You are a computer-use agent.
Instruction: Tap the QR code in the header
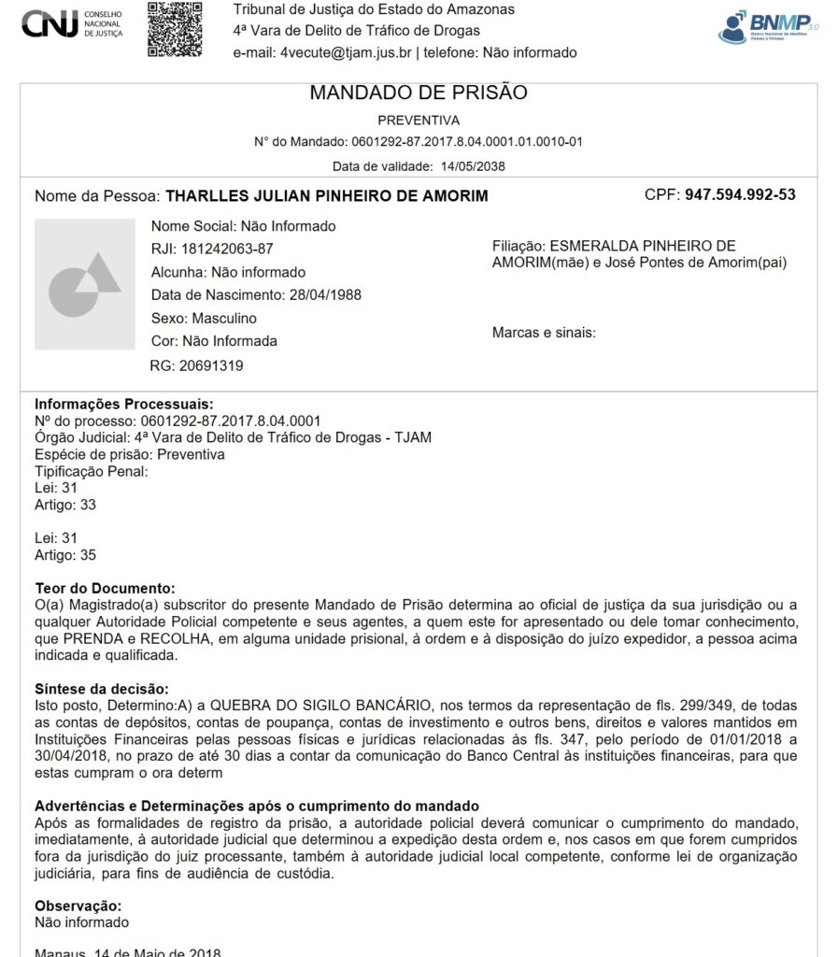tap(175, 28)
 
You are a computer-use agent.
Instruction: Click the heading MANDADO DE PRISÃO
tap(418, 93)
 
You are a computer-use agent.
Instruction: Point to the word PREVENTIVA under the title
tap(418, 121)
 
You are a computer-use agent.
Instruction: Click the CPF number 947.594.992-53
tap(740, 195)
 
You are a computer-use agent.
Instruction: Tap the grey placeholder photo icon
tap(85, 284)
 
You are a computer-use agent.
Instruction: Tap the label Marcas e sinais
tap(544, 332)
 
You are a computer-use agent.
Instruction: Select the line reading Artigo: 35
tap(65, 555)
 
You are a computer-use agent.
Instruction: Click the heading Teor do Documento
tap(105, 588)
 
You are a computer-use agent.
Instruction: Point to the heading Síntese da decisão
tap(101, 689)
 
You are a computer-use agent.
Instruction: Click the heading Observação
tap(78, 906)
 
